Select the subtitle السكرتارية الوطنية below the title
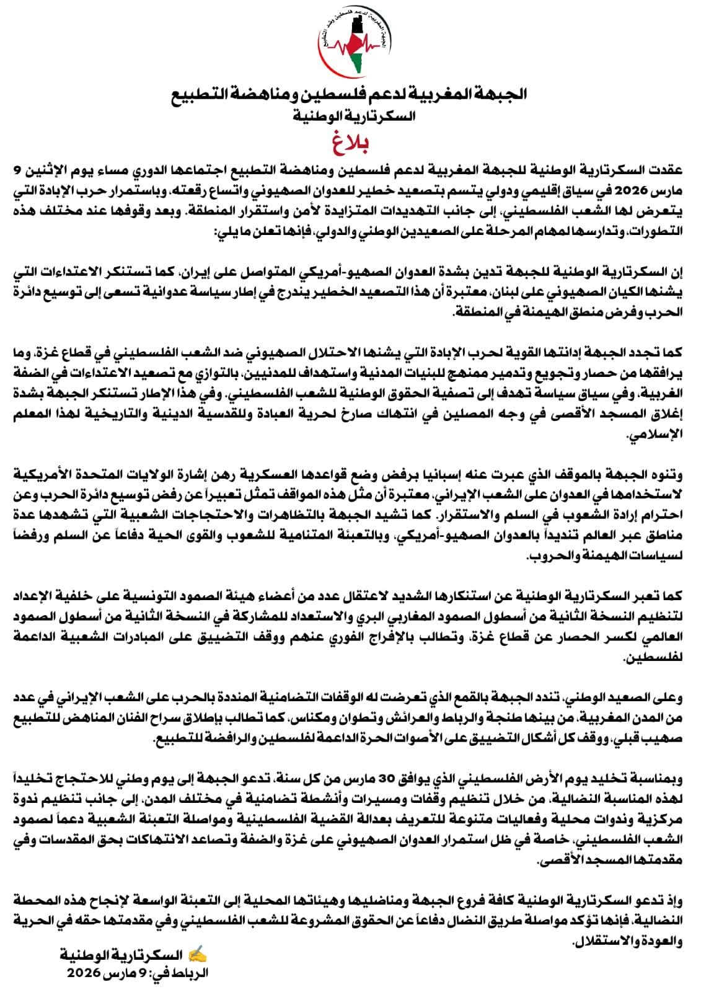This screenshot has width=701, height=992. pyautogui.click(x=350, y=115)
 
